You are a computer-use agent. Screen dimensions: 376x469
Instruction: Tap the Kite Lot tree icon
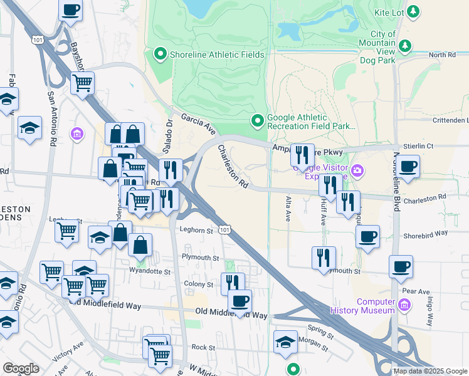[413, 11]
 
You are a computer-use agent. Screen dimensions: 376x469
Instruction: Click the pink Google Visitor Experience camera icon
[357, 169]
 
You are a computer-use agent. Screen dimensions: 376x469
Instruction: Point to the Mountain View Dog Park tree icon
[405, 46]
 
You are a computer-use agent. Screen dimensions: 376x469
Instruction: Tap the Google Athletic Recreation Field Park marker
[256, 120]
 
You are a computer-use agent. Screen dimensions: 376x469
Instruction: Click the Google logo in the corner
[21, 368]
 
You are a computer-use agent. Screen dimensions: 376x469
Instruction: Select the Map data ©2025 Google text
[429, 371]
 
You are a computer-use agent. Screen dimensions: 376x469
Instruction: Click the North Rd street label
[442, 55]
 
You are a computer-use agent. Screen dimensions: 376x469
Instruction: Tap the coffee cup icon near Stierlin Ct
[408, 167]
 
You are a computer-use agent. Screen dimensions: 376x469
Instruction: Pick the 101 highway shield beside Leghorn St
[224, 230]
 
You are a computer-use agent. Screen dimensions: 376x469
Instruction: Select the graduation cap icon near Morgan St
[285, 342]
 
